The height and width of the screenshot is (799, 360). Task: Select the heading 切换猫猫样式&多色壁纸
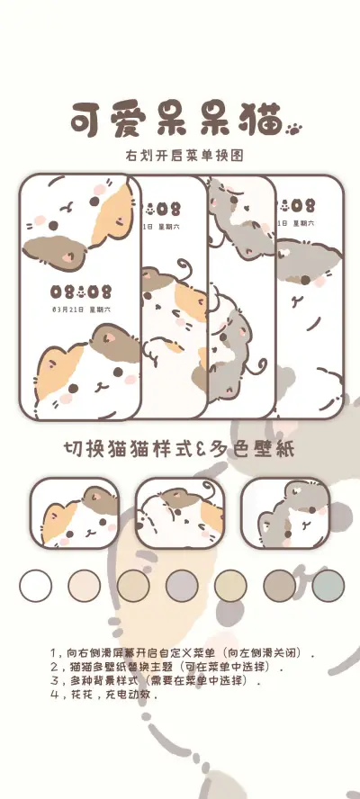coord(179,448)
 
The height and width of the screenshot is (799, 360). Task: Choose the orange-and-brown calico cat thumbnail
coord(76,513)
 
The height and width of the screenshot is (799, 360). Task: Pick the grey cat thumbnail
coord(284,513)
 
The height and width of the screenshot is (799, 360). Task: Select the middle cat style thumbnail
coord(180,513)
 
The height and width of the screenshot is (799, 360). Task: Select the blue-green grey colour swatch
coord(328,586)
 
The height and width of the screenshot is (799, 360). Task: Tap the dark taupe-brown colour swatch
coord(279,586)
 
